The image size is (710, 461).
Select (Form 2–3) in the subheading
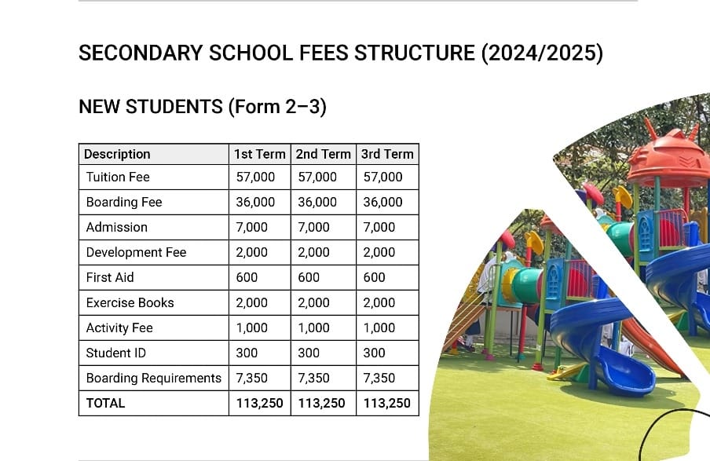point(277,106)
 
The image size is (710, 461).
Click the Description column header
point(117,154)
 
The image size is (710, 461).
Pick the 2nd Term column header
point(324,154)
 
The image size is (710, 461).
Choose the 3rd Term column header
point(387,154)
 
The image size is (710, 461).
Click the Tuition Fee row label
point(118,177)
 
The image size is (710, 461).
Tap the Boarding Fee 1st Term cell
point(255,202)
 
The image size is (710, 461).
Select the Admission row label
point(117,227)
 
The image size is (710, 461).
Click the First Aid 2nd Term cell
point(309,277)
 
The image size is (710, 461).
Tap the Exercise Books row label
point(130,302)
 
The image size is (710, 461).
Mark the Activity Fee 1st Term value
point(252,327)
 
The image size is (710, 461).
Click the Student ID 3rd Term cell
point(375,353)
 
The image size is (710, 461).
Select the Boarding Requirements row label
point(154,378)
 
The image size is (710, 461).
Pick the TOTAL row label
point(105,403)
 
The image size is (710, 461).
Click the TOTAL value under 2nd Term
point(321,403)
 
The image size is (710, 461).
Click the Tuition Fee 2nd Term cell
point(317,177)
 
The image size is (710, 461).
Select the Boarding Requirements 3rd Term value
point(379,378)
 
